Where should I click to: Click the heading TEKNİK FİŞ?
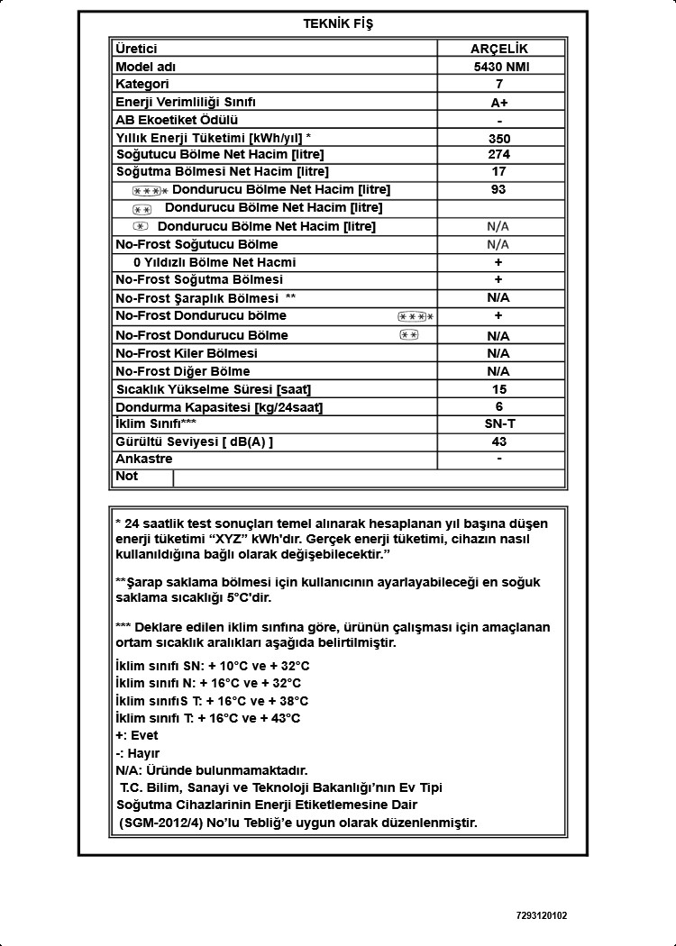coord(338,24)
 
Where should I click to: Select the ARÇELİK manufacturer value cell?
coord(499,49)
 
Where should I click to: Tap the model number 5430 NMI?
coord(499,67)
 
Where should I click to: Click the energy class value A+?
coord(499,103)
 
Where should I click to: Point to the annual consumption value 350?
coord(499,139)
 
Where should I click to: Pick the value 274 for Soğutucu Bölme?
coord(499,154)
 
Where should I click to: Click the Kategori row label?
coord(142,84)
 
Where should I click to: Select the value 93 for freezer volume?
coord(499,189)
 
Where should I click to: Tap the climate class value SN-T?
coord(499,423)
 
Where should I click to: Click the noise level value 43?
coord(499,441)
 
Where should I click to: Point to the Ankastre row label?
coord(144,459)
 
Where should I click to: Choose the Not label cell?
coord(127,476)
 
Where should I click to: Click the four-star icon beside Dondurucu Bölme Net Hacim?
coord(151,191)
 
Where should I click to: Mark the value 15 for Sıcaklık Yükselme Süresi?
coord(499,389)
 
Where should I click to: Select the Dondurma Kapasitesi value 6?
coord(499,406)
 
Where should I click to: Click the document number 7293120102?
coord(542,915)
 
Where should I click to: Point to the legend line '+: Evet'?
coord(137,735)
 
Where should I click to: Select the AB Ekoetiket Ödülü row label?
coord(177,120)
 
